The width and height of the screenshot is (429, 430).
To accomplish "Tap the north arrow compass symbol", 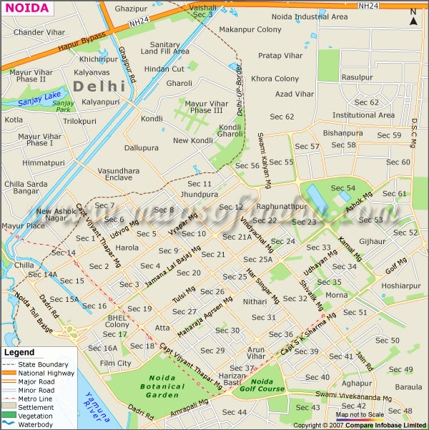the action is [413, 17].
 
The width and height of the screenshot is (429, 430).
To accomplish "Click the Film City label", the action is [115, 363].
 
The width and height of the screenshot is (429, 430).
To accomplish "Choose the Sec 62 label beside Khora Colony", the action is [282, 117].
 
